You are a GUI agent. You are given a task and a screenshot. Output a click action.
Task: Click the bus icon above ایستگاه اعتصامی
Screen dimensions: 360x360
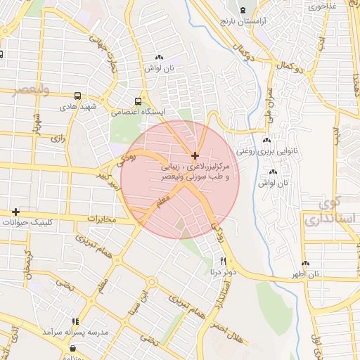pos(139,101)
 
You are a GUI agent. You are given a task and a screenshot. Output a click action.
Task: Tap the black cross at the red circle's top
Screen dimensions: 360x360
pos(195,155)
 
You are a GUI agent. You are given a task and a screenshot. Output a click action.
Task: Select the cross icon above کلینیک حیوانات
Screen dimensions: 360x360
pos(15,212)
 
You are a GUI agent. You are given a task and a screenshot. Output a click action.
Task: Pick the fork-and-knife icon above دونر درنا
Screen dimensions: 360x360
pos(214,259)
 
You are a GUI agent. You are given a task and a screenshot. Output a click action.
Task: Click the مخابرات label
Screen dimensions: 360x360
pos(101,219)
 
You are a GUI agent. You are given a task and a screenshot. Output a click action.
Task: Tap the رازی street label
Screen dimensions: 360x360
pos(57,139)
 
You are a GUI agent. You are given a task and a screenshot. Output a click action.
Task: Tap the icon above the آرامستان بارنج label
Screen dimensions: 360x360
pos(243,10)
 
